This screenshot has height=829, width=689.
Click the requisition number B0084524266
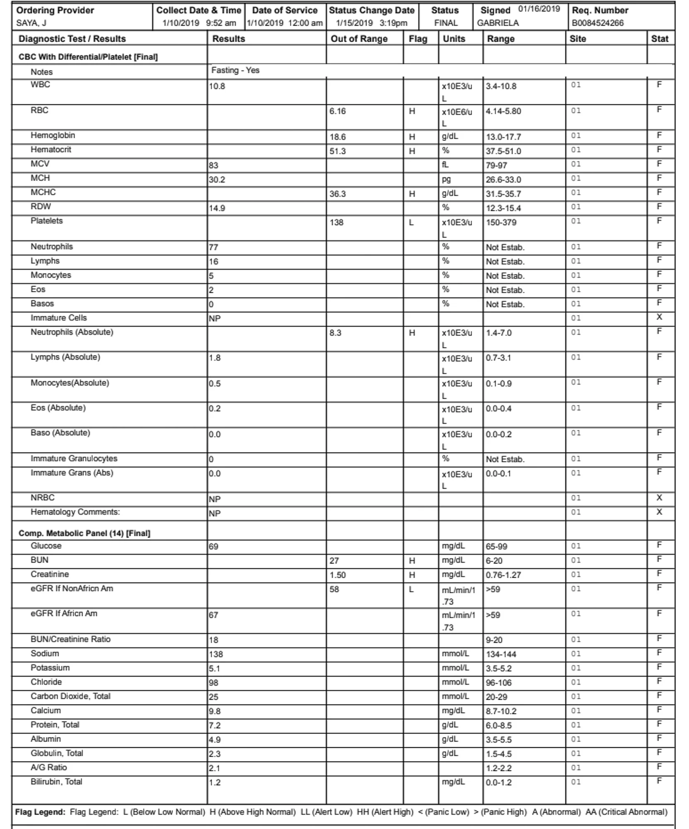pos(597,23)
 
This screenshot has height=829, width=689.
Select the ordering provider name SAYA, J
pos(31,23)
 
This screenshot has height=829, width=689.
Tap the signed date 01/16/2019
pos(539,9)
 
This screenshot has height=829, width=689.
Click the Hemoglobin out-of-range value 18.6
pos(337,137)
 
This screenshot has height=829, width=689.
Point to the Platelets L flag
pos(411,223)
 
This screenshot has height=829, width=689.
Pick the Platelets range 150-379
pos(501,223)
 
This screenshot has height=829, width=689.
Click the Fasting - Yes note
pos(235,70)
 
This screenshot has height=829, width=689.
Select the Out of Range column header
pos(359,39)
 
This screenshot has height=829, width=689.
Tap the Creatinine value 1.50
pos(337,575)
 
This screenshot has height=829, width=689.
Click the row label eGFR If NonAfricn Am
pos(72,589)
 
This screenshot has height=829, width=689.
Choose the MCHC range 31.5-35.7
pos(503,194)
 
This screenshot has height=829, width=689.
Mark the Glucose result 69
pos(213,547)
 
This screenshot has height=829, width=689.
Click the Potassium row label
pos(50,668)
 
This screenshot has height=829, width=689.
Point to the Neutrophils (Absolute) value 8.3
pos(335,333)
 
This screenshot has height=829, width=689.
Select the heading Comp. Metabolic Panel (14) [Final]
pos(84,533)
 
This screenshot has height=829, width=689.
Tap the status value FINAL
pos(446,23)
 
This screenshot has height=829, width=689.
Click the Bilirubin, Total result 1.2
pos(215,783)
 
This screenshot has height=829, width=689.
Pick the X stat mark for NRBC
pos(659,498)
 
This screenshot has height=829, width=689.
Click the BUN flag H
pos(411,561)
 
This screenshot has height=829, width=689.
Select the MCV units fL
pos(445,165)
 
